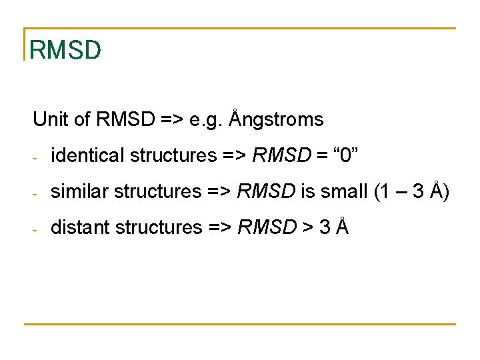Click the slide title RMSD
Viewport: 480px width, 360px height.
[65, 49]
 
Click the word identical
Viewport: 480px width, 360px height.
[88, 155]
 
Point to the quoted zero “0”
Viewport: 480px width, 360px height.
[345, 155]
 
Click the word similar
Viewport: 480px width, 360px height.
[80, 191]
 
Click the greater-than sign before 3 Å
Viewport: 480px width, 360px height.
[306, 228]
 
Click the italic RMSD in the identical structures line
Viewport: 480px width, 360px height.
[282, 155]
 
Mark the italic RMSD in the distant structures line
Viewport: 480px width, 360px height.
[267, 227]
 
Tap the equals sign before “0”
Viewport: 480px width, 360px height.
[321, 156]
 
